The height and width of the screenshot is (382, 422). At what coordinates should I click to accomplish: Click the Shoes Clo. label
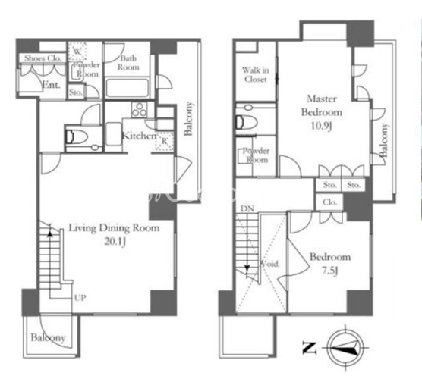[43, 58]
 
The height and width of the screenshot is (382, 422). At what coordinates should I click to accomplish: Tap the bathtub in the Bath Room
[127, 88]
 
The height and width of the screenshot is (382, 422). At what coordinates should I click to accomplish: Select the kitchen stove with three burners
[139, 110]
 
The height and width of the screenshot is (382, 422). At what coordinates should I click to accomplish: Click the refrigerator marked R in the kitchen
[164, 141]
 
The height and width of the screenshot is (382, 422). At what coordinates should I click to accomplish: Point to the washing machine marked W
[77, 51]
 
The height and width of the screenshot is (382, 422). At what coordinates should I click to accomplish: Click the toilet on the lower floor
[77, 137]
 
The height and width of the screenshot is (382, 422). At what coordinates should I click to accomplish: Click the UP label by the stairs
[80, 298]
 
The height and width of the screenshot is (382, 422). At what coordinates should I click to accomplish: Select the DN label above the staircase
[247, 208]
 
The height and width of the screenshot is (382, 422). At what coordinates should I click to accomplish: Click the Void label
[270, 264]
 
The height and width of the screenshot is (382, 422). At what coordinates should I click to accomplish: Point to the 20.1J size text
[115, 242]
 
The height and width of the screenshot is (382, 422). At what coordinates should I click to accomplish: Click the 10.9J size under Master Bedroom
[321, 126]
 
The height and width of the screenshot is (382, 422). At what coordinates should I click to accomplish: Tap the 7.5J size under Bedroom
[329, 271]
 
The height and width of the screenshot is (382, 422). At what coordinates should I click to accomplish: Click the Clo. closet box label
[329, 202]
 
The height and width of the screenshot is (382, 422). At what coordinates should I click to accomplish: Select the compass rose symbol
[345, 348]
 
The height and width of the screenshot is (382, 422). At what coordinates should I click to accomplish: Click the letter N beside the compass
[309, 347]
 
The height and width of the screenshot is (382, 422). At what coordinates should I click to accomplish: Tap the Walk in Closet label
[256, 74]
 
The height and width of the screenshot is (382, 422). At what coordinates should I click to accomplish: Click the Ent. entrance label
[51, 85]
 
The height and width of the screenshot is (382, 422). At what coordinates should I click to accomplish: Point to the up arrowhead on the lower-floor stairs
[49, 233]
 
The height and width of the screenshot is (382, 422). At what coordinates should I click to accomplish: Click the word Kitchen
[139, 136]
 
